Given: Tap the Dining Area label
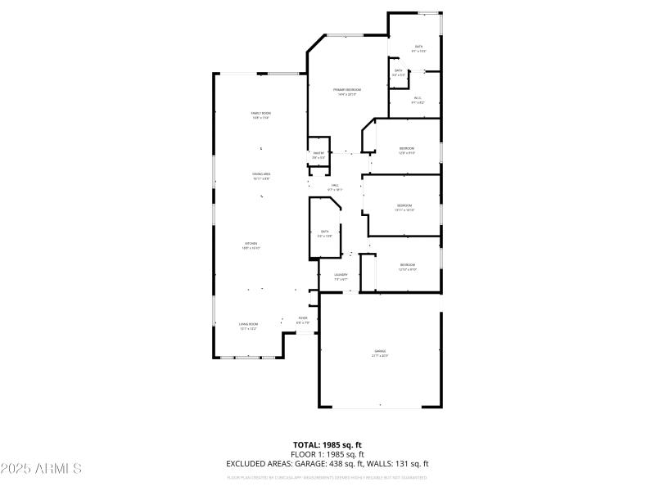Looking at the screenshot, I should click(261, 174).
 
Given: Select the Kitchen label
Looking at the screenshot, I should click(251, 244).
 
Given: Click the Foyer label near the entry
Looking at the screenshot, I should click(303, 318).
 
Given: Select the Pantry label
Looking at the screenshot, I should click(318, 153).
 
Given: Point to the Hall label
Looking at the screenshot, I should click(335, 186).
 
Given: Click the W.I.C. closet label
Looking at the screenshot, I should click(418, 98).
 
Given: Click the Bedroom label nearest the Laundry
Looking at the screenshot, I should click(407, 265).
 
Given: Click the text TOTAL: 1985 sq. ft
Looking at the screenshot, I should click(327, 444).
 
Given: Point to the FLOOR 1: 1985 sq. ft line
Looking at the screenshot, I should click(327, 453).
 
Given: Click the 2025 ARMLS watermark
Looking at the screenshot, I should click(41, 468).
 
